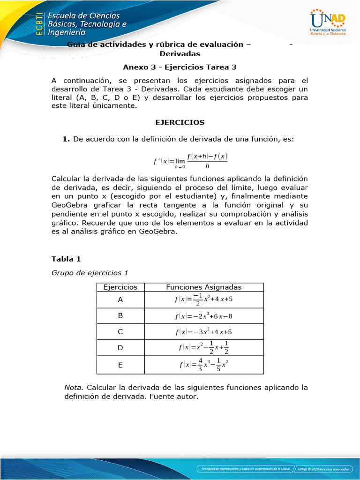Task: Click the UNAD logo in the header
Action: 328,23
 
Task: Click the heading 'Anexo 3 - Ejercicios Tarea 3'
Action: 180,67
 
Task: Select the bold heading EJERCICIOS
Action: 180,122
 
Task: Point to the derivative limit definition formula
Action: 190,160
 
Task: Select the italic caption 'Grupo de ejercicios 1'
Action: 89,272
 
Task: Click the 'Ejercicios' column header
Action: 120,287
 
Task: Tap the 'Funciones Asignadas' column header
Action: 204,287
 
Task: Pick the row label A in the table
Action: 120,300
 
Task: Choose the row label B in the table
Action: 120,316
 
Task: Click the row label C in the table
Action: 120,332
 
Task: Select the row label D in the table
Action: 120,348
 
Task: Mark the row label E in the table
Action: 120,365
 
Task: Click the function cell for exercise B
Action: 204,316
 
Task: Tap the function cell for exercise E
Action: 204,365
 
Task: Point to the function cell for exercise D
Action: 204,348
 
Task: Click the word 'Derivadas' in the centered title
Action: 180,54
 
